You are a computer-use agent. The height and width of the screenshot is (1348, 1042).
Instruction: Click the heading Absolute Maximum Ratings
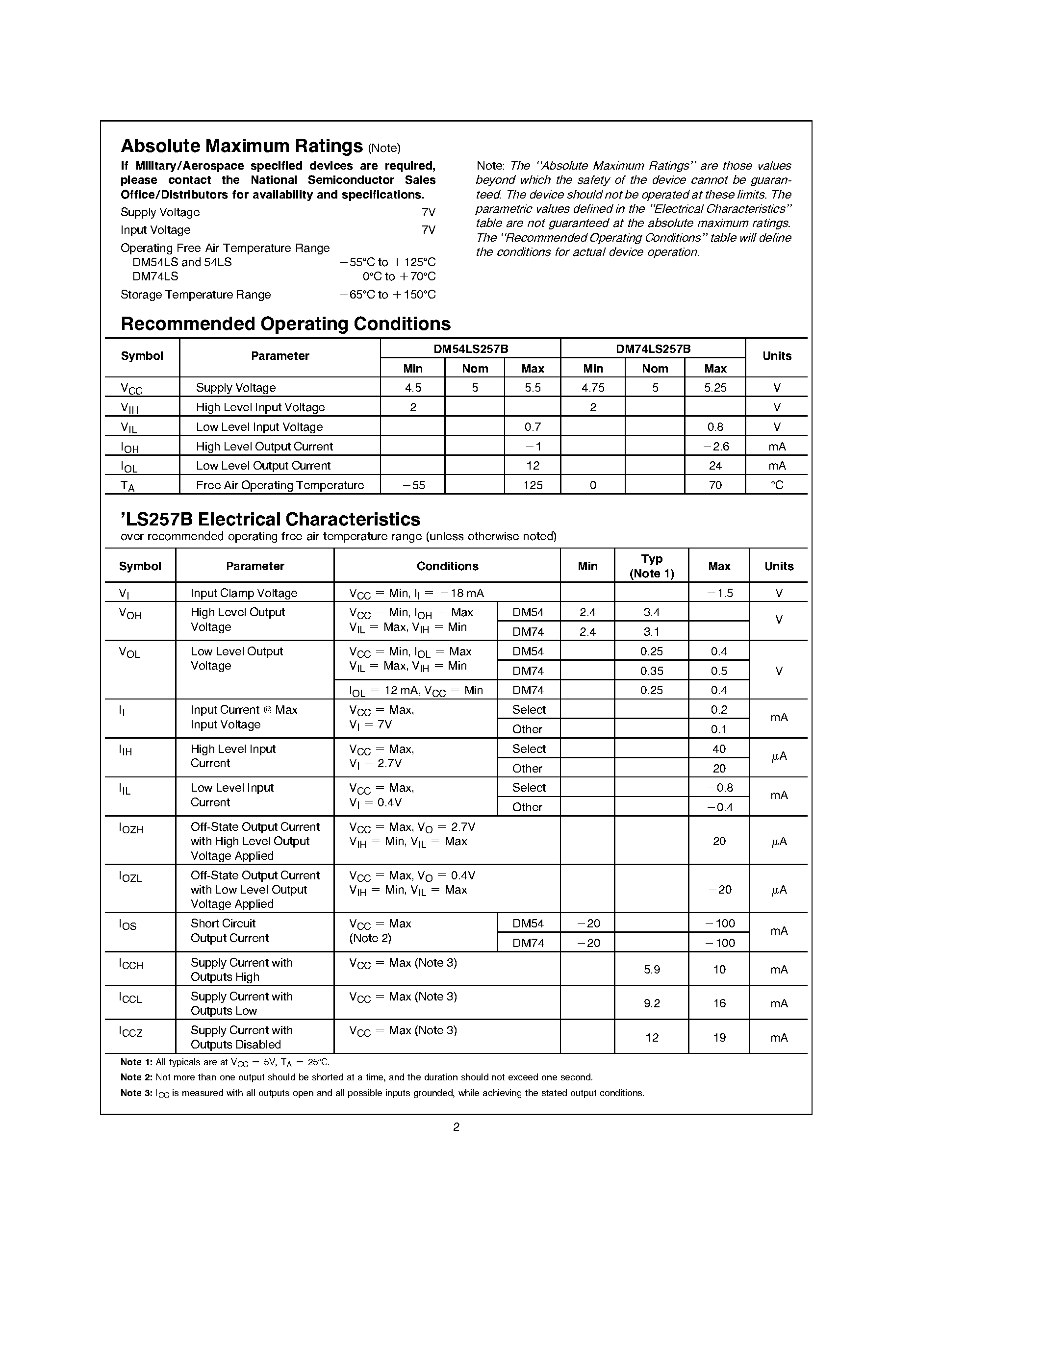point(241,146)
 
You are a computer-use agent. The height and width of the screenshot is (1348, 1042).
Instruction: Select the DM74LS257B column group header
point(653,349)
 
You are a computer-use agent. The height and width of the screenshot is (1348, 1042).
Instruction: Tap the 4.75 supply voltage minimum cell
point(593,388)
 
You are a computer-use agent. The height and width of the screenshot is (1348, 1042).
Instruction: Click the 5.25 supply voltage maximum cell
point(715,388)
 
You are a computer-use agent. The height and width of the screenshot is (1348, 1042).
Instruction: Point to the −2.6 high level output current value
point(715,446)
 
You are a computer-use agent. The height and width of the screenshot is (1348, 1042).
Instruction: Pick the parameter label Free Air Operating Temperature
point(280,485)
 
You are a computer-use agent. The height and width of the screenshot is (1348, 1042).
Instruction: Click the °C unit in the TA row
point(777,485)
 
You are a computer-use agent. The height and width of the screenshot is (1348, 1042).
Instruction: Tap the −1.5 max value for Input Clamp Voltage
point(719,593)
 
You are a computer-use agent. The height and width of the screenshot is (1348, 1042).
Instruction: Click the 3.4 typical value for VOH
point(651,612)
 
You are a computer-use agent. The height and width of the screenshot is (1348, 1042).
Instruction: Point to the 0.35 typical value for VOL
point(651,671)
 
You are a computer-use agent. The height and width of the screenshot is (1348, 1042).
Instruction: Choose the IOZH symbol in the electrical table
point(131,828)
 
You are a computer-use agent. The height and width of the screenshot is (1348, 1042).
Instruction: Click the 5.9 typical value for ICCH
point(651,970)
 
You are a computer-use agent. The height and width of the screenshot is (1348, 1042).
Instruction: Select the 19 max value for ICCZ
point(719,1038)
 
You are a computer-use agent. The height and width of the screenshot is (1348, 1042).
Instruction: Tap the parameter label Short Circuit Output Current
point(229,931)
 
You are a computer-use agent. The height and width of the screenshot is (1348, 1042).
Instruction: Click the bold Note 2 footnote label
point(136,1077)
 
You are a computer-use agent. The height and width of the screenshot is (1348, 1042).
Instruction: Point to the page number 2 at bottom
point(456,1127)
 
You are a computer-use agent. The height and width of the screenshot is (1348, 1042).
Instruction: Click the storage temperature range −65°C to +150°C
point(388,295)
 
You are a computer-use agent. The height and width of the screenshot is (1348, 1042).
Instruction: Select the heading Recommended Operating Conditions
point(285,324)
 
